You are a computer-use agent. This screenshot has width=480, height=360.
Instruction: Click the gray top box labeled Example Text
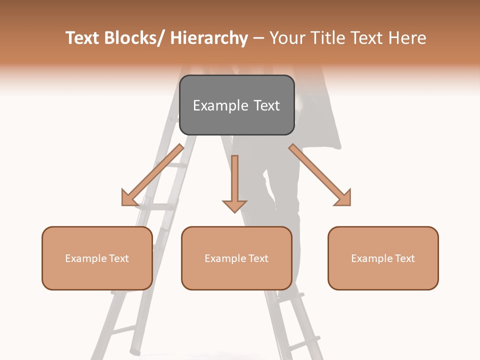(x=236, y=105)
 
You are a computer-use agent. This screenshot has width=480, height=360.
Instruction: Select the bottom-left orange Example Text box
(x=97, y=258)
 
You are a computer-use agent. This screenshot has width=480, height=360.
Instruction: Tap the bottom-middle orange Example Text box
(x=236, y=258)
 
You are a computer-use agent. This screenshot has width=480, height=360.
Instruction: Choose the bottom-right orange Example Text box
(x=383, y=258)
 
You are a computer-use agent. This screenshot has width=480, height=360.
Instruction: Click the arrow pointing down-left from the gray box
(x=152, y=175)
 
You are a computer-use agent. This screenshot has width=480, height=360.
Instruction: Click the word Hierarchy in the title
(x=209, y=38)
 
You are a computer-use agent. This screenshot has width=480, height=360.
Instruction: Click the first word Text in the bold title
(x=83, y=38)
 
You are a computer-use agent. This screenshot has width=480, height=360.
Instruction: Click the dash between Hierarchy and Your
(x=258, y=38)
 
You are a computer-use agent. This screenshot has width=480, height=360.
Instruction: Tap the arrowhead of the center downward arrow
(x=234, y=205)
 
